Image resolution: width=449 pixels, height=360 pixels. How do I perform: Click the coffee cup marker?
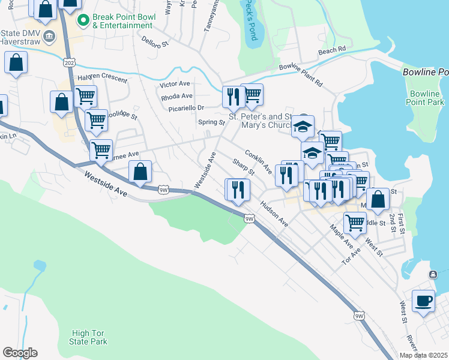tap(424, 301)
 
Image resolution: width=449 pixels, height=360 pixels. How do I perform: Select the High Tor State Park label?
tap(89, 337)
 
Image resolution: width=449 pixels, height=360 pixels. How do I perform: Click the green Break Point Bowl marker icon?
tap(85, 21)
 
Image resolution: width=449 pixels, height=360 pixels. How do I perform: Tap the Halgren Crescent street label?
tap(103, 79)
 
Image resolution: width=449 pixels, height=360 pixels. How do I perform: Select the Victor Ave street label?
tap(175, 84)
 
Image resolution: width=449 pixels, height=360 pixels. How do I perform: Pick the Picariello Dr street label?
tap(183, 108)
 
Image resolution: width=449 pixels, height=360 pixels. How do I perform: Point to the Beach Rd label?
tap(333, 51)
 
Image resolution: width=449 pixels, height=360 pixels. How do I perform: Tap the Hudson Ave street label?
tap(274, 214)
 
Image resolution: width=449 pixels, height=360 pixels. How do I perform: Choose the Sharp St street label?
tap(244, 167)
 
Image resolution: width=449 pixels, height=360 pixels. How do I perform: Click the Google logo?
tap(20, 353)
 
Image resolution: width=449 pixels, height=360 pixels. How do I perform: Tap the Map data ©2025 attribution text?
tap(423, 355)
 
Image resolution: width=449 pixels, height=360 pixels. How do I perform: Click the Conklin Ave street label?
tap(259, 162)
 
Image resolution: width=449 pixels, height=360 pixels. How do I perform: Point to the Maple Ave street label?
tap(341, 236)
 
